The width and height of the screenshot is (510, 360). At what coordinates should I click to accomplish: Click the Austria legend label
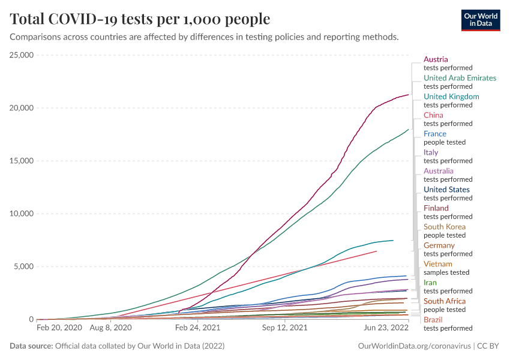[436, 59]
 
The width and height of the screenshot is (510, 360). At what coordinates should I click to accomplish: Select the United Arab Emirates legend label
[460, 78]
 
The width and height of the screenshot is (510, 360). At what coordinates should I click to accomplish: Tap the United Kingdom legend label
[451, 97]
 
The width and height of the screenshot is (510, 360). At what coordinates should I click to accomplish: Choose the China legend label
[433, 115]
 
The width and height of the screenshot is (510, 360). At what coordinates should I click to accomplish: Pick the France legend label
[435, 134]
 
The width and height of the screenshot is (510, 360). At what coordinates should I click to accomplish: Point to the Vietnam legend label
[437, 264]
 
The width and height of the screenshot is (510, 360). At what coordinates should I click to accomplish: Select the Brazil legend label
[433, 320]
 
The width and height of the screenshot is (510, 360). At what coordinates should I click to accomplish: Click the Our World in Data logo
[481, 20]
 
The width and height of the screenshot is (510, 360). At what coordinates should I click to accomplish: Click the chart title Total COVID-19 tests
[140, 19]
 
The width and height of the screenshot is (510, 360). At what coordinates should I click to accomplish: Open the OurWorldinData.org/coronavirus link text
[413, 346]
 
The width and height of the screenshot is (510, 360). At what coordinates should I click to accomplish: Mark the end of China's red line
[376, 251]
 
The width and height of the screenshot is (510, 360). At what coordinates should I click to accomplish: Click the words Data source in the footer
[31, 346]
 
